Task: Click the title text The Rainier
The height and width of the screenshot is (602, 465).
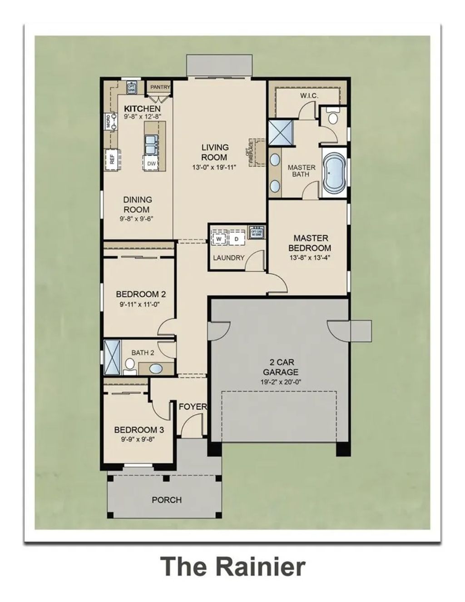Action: click(232, 567)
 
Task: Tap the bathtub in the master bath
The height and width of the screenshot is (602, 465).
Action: click(334, 173)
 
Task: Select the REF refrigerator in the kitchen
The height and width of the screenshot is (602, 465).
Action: click(112, 159)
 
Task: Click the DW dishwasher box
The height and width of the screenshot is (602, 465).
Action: click(151, 163)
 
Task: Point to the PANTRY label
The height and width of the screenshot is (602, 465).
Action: click(160, 87)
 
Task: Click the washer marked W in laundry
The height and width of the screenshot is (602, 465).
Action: click(219, 239)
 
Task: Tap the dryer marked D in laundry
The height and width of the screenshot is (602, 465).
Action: click(236, 239)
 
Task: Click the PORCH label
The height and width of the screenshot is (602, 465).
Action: click(167, 500)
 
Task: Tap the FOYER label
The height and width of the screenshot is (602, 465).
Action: click(193, 406)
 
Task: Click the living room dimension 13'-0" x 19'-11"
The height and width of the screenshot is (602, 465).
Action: click(215, 167)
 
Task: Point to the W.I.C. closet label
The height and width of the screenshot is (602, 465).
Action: click(309, 95)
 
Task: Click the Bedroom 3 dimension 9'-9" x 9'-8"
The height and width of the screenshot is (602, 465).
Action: click(139, 439)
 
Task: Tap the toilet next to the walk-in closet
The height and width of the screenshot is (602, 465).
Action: click(333, 118)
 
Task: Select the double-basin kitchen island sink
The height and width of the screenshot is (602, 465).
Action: click(151, 145)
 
